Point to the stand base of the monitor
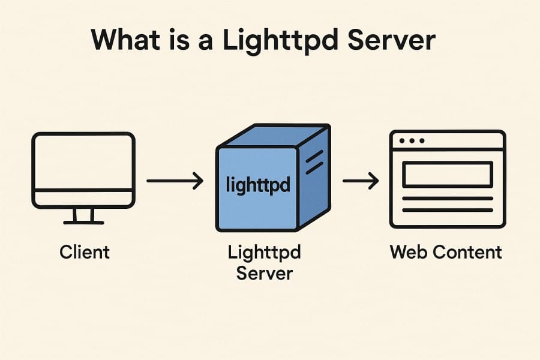[x=83, y=222]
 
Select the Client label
[x=85, y=251]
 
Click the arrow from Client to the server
[x=175, y=181]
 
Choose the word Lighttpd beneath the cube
[x=264, y=252]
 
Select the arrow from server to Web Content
[x=360, y=181]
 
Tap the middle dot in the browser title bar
[x=412, y=141]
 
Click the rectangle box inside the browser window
[x=447, y=175]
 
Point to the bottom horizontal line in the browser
[x=447, y=210]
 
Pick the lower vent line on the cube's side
[x=314, y=169]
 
